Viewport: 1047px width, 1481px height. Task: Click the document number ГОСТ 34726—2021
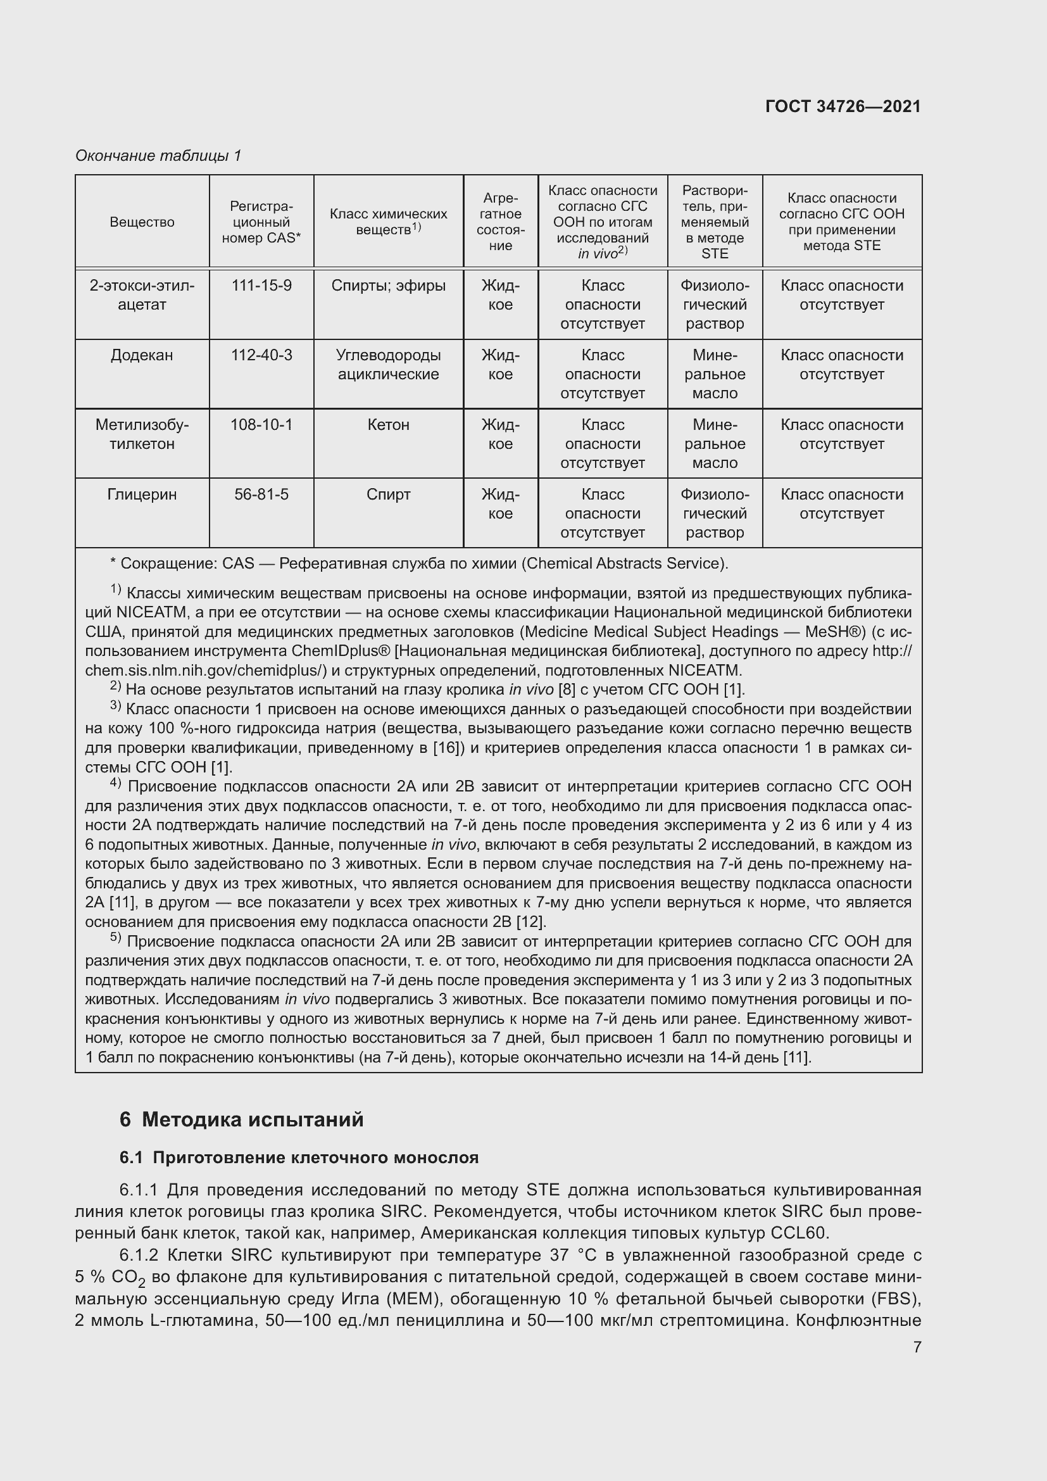843,106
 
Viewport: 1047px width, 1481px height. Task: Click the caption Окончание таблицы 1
158,156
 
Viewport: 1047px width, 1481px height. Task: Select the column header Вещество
142,222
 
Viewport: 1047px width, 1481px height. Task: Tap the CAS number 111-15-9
261,285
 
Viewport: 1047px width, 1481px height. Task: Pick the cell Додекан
142,355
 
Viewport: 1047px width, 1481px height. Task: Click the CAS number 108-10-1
261,424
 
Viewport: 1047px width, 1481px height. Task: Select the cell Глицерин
142,494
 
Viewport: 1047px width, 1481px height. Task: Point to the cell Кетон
388,424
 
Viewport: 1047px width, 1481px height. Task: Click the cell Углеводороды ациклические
388,365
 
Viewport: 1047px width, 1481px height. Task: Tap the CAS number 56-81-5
261,494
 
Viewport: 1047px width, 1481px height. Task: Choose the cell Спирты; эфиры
388,285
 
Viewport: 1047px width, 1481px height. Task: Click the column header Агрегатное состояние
500,221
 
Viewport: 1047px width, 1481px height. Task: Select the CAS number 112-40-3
261,355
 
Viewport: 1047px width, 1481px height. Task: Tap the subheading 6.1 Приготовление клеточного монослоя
299,1157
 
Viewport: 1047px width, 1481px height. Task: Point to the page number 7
917,1347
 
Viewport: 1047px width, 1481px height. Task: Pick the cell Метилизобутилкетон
142,434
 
